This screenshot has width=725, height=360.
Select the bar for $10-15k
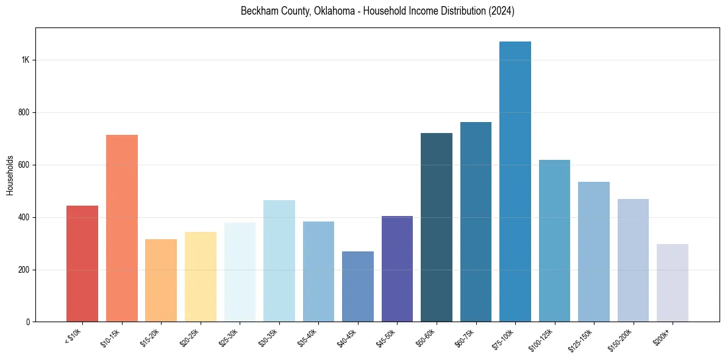[x=122, y=228]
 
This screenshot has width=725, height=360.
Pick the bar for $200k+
[x=673, y=283]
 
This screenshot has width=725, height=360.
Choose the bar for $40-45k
[x=358, y=287]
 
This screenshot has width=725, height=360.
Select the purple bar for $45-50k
[x=397, y=268]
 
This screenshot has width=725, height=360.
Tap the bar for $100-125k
[x=554, y=241]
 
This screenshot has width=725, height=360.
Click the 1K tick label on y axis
[x=26, y=60]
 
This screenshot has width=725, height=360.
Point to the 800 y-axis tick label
[x=24, y=113]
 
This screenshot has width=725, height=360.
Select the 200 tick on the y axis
[x=24, y=270]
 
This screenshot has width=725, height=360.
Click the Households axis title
[x=10, y=175]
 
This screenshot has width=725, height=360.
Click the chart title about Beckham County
[x=377, y=12]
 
